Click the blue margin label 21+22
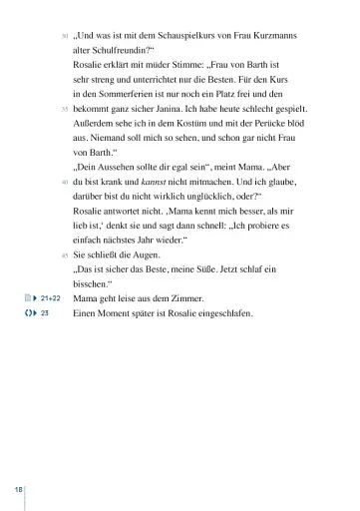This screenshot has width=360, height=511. point(51,298)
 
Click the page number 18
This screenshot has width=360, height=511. point(19,489)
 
